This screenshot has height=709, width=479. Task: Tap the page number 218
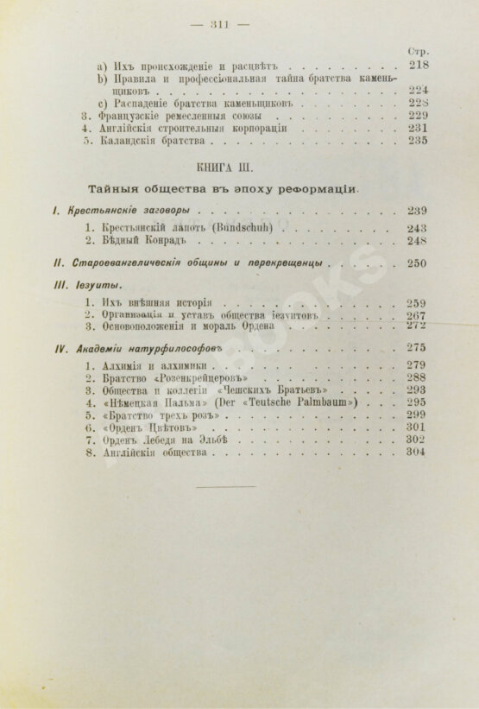pyautogui.click(x=419, y=64)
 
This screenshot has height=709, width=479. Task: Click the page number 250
pyautogui.click(x=418, y=263)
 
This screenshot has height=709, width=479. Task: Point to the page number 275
pyautogui.click(x=418, y=346)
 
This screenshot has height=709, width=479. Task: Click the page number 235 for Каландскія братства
pyautogui.click(x=419, y=141)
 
